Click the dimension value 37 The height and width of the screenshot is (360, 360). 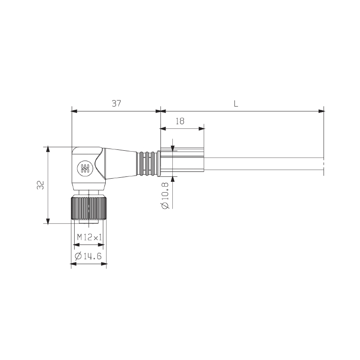pos(117,103)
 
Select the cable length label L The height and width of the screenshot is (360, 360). pos(236,104)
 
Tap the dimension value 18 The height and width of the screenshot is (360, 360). pos(180,121)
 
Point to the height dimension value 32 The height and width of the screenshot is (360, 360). pos(40,185)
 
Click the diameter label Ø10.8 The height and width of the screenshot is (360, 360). pos(165,196)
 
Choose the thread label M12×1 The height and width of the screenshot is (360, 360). pos(89,237)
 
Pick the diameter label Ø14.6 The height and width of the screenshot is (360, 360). pos(88,256)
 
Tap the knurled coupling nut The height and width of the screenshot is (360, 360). pos(89,207)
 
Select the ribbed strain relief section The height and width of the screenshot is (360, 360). pos(147,164)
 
